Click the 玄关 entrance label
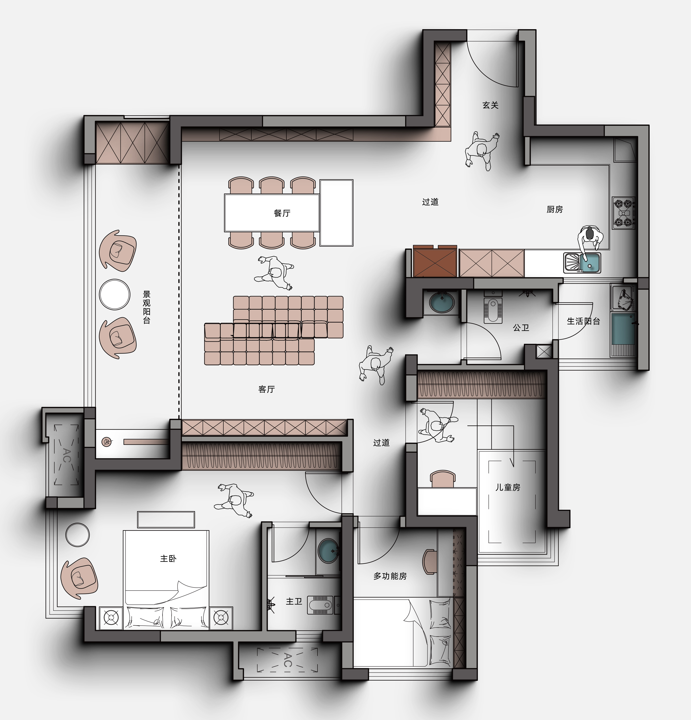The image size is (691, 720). point(491,105)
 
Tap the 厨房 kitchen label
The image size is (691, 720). point(555,209)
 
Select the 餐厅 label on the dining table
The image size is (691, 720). point(282,213)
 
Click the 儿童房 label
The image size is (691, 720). point(508,487)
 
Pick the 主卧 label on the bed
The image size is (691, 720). point(168,559)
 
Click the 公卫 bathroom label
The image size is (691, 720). point(521,328)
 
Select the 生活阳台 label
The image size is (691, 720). point(583,321)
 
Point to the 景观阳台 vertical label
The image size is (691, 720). point(146,307)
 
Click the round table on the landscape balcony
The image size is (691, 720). point(115,295)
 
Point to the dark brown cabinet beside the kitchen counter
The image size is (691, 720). point(435,261)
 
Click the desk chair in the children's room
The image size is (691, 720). point(443,479)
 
